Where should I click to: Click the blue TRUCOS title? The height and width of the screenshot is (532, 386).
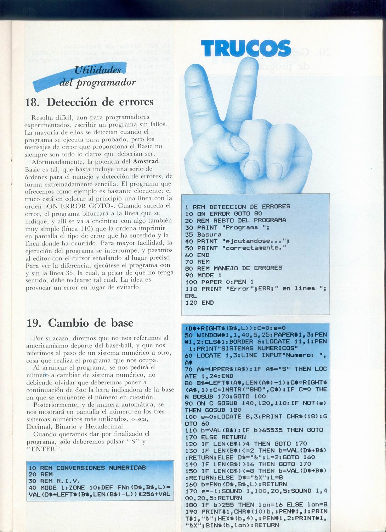click(246, 48)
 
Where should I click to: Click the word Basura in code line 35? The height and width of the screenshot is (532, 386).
click(209, 234)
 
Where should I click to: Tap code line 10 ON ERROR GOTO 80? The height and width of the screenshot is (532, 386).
click(223, 214)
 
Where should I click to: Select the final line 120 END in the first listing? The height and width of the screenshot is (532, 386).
click(199, 303)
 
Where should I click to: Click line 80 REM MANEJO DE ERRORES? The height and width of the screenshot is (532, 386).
click(233, 268)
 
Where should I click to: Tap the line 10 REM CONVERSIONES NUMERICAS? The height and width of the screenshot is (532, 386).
click(87, 468)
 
